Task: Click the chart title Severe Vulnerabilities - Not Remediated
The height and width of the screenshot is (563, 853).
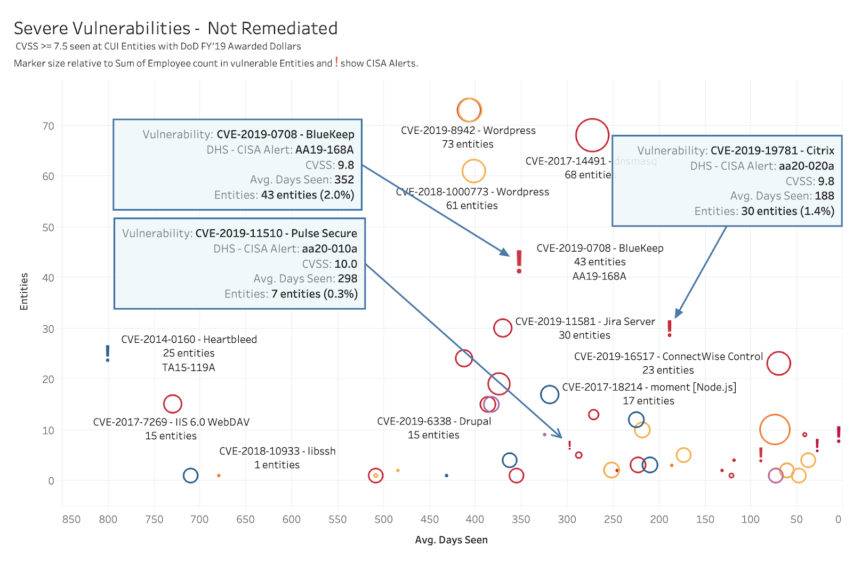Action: [x=175, y=28]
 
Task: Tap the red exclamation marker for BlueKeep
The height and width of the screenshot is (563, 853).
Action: [x=519, y=261]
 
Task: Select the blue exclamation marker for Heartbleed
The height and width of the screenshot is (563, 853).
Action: [x=108, y=353]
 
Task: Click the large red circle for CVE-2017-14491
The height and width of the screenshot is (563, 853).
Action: [x=592, y=135]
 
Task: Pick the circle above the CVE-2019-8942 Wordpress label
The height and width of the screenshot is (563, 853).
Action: [x=469, y=110]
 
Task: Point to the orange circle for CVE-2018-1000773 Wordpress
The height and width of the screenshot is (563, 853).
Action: [x=473, y=171]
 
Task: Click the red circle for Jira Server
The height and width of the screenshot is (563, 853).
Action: [x=503, y=328]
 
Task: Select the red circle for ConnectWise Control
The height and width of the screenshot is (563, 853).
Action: [x=778, y=364]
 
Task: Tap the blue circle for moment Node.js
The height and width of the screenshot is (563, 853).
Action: [x=549, y=395]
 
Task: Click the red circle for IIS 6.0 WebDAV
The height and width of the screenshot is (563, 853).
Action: [x=172, y=404]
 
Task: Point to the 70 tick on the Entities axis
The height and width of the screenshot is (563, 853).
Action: [x=49, y=126]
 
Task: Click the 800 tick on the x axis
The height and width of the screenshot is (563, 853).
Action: [x=108, y=519]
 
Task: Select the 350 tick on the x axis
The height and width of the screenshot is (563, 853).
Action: [x=521, y=519]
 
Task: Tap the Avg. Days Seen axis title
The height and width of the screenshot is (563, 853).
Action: [x=451, y=540]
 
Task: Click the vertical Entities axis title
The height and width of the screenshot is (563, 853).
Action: [x=24, y=291]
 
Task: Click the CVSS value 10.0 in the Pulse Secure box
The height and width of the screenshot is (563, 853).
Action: [x=345, y=264]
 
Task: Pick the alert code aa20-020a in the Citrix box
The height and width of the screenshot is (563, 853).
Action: [x=806, y=166]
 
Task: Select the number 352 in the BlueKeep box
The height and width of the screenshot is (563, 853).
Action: [x=344, y=180]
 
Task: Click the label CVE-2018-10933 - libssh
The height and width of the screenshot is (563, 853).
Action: [x=277, y=451]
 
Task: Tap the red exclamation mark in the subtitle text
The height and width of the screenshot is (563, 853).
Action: [x=336, y=62]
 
